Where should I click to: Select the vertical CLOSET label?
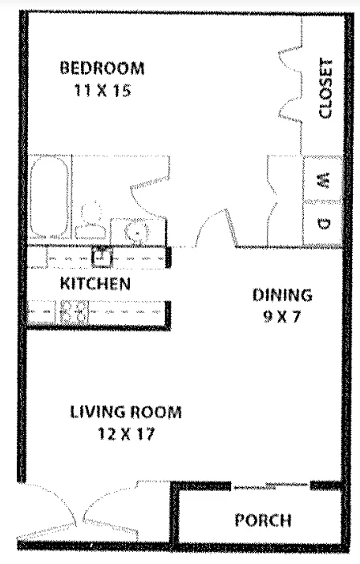click(x=325, y=89)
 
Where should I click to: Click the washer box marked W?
click(x=323, y=183)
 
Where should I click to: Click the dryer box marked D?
click(x=323, y=225)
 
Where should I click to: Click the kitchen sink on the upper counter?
click(x=101, y=258)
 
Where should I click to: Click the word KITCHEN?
click(x=95, y=283)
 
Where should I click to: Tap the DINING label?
click(x=281, y=294)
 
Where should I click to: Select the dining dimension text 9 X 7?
click(x=281, y=316)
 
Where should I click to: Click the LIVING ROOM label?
click(x=125, y=413)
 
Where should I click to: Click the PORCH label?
click(x=262, y=520)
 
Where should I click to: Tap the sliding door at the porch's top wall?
click(x=271, y=485)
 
